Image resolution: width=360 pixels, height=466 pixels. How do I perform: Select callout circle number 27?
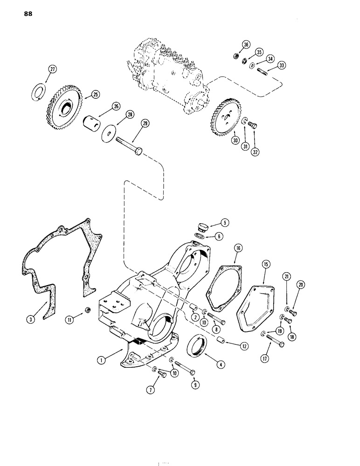click(x=52, y=70)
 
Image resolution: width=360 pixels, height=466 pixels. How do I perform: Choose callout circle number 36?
click(x=246, y=45)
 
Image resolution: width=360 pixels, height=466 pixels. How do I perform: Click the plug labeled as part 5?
click(x=202, y=227)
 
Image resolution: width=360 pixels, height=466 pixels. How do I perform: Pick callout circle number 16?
click(x=238, y=249)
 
